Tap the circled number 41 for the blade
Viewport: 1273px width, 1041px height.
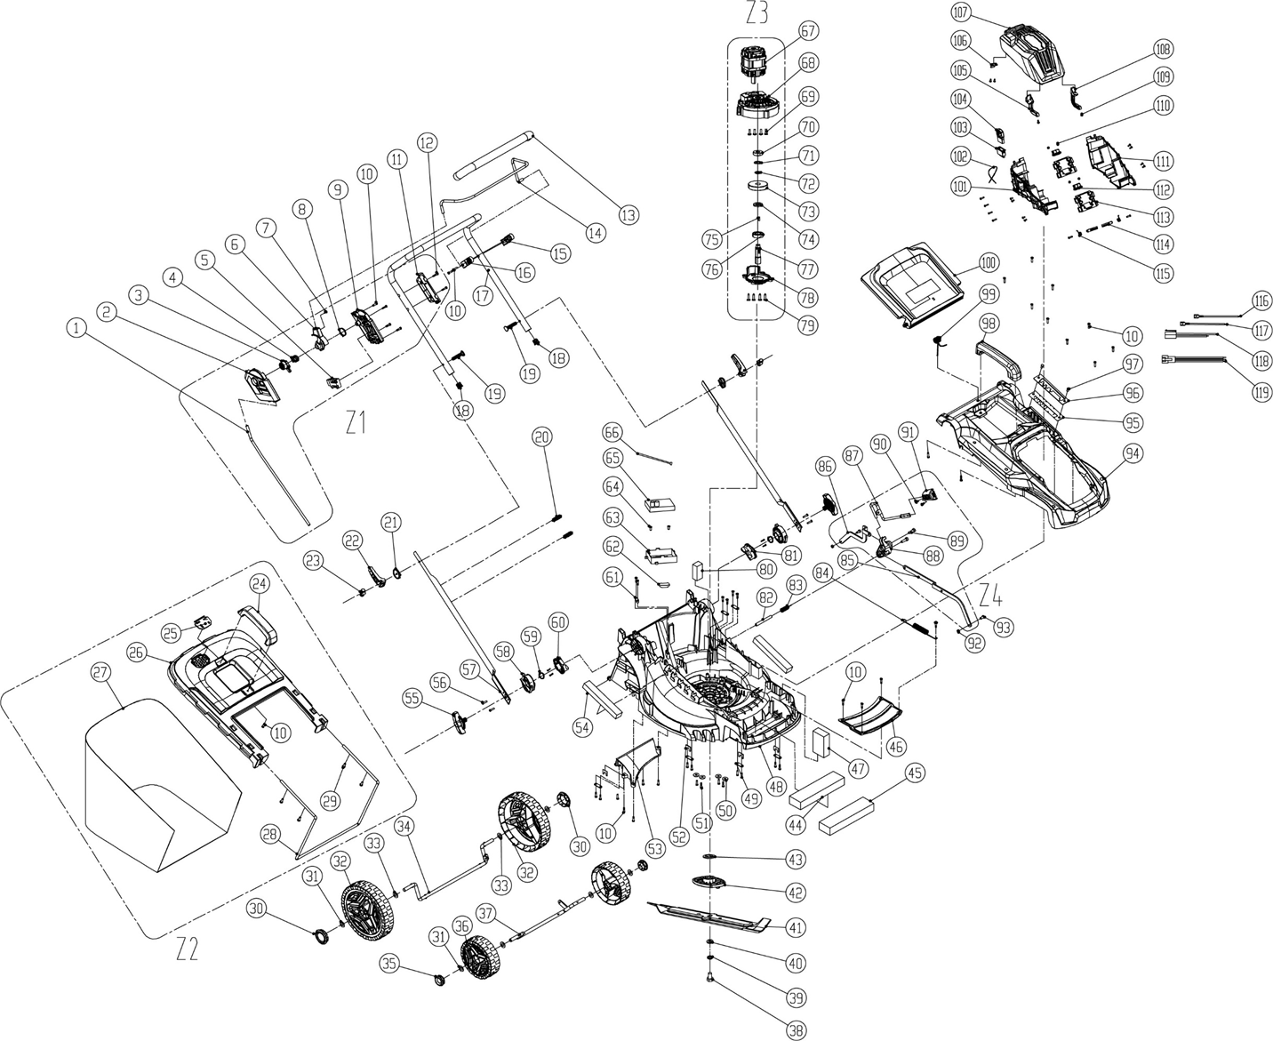click(x=795, y=927)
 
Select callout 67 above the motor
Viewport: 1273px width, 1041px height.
click(x=807, y=31)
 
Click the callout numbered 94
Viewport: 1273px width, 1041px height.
click(x=1133, y=453)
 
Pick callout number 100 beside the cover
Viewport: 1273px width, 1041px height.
click(x=988, y=263)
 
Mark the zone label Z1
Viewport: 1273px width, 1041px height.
click(x=356, y=424)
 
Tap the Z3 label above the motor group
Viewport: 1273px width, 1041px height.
click(x=757, y=13)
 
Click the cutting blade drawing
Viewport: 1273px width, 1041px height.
click(x=711, y=917)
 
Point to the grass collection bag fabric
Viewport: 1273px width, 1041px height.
click(x=160, y=782)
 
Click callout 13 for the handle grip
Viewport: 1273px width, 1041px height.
click(x=629, y=214)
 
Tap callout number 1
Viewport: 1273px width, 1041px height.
click(x=78, y=328)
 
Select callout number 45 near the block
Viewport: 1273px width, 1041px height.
click(x=914, y=773)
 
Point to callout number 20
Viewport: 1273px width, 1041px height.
click(x=542, y=436)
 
